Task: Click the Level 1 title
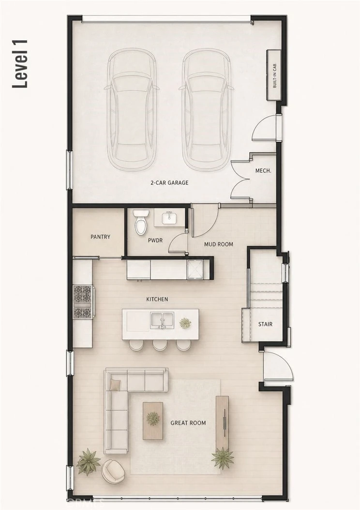20,64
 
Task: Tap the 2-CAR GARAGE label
169,183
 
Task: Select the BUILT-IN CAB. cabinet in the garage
274,75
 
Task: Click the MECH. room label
263,171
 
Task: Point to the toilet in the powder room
141,222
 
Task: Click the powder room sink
169,218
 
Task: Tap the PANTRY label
101,237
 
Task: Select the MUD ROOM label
219,244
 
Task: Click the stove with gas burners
83,301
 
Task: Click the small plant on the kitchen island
185,323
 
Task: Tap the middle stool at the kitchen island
160,345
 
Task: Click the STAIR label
265,324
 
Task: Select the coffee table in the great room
153,420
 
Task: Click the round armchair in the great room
113,472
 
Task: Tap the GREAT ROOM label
188,423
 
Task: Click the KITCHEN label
157,299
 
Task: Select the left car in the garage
132,109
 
